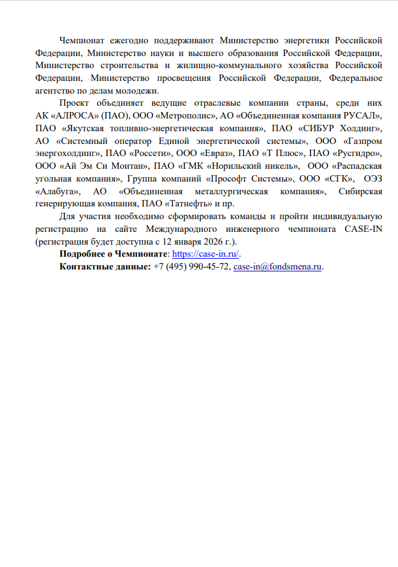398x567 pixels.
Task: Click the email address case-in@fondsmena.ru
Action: (277, 267)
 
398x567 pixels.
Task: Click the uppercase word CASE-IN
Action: (362, 229)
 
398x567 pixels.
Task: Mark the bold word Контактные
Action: (84, 267)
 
